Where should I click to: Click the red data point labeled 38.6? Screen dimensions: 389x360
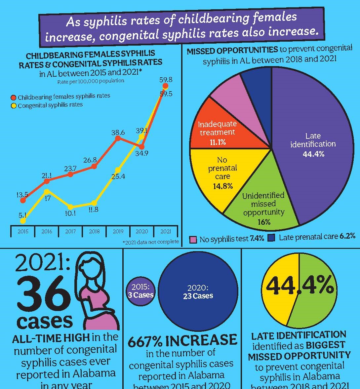pos(117,138)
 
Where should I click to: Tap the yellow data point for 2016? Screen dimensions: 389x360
pos(47,191)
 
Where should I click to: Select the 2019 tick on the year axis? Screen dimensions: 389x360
pos(118,231)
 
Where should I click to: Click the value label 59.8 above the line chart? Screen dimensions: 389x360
pos(166,80)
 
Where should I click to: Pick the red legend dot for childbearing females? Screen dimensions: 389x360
pos(14,97)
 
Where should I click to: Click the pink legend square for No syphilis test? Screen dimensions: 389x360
pos(193,239)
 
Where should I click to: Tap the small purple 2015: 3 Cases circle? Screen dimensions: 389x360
pos(140,291)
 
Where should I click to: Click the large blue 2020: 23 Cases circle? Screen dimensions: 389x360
pos(198,291)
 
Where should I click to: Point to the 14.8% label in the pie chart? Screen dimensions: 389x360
pos(223,186)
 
